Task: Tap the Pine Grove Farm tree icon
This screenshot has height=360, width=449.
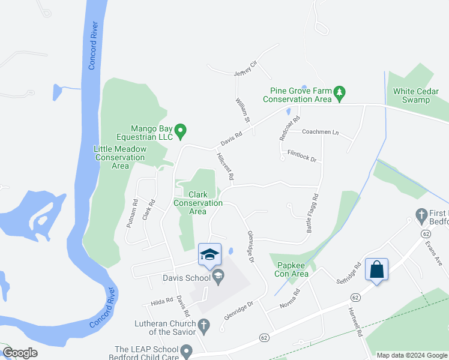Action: [x=340, y=92]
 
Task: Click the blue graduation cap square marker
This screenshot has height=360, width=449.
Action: [x=209, y=254]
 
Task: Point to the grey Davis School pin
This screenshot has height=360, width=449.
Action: [x=218, y=277]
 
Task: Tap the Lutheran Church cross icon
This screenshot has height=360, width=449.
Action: [x=204, y=327]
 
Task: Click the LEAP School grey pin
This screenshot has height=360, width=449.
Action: [x=186, y=350]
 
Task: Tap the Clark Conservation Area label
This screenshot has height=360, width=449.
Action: [x=198, y=203]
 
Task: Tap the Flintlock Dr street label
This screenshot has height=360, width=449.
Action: [x=301, y=156]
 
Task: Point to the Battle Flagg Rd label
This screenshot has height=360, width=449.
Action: [x=312, y=213]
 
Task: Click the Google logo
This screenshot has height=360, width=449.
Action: [x=20, y=353]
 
